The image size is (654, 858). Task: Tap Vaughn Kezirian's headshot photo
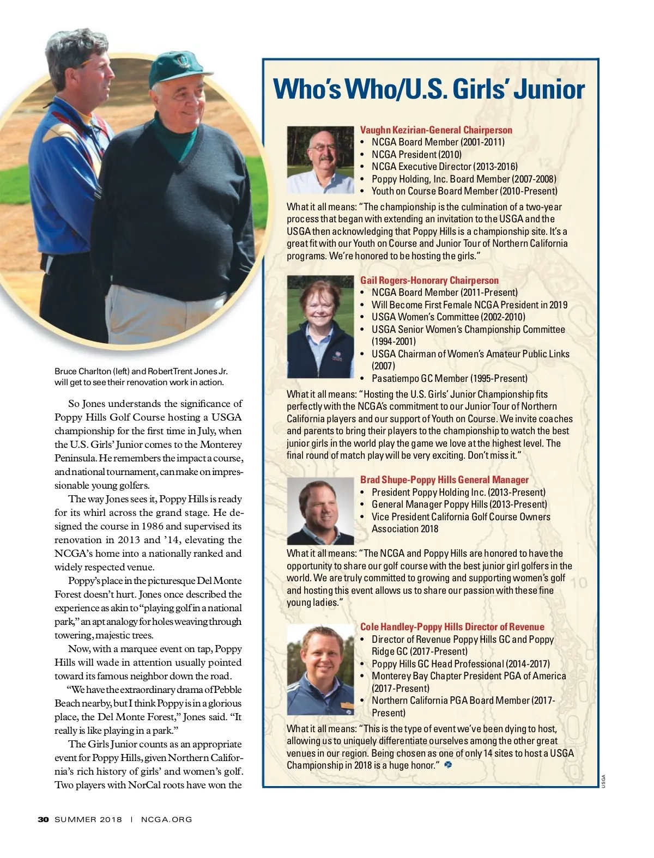point(320,160)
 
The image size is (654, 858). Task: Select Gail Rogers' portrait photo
point(320,327)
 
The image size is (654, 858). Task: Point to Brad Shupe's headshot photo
point(320,511)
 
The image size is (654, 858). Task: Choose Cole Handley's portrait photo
point(320,670)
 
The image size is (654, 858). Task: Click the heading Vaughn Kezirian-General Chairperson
point(436,130)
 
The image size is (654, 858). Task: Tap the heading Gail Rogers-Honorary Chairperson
point(429,281)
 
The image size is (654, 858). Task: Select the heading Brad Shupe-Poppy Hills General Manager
point(444,480)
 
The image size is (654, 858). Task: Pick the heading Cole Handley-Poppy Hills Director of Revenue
point(452,627)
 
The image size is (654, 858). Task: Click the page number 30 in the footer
point(44,819)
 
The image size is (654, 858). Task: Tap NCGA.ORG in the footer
point(166,819)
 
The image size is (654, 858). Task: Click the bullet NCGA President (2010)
point(416,155)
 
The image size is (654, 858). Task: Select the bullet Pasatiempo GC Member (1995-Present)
point(449,379)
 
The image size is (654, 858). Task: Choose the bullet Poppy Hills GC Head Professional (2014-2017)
point(461,664)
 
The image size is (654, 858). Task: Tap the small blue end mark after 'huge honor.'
point(448,765)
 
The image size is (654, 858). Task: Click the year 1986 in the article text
point(152,526)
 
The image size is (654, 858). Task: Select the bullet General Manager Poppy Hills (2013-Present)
point(459,504)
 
